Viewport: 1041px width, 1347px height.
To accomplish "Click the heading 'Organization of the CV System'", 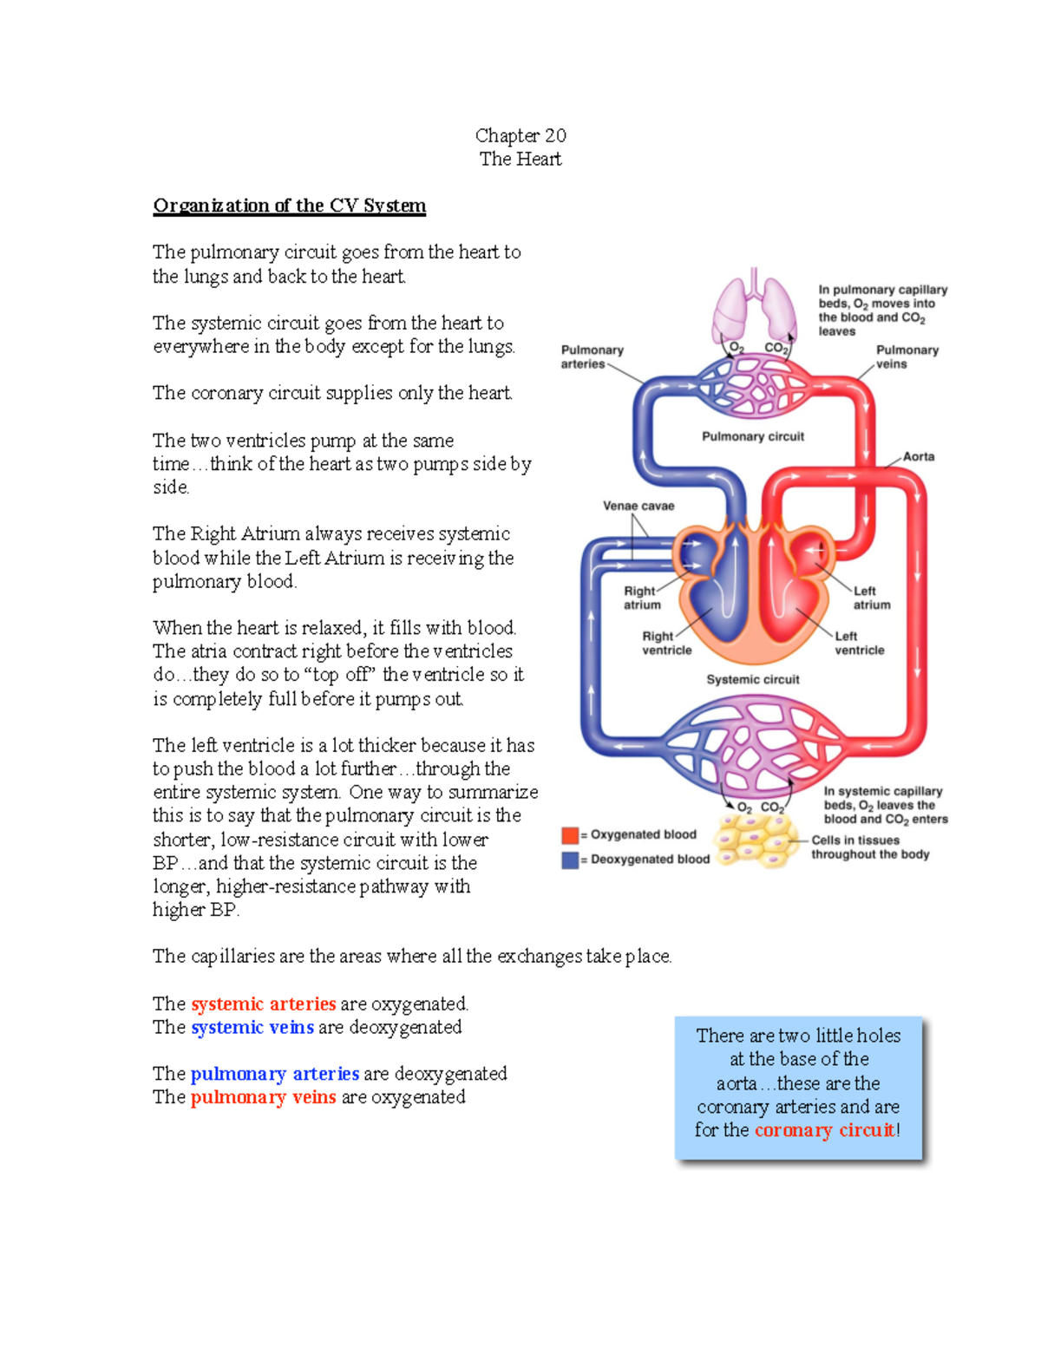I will (289, 206).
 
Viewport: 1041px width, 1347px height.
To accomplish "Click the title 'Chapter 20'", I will (520, 135).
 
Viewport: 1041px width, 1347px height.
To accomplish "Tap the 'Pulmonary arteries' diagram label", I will (592, 356).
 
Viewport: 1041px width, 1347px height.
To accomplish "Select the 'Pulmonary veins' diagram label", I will (907, 356).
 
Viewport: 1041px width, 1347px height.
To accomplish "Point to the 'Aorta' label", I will (919, 456).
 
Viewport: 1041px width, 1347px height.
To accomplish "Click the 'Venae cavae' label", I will (638, 506).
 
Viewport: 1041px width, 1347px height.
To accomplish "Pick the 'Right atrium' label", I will (641, 598).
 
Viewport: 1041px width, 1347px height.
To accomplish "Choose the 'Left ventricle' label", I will (859, 643).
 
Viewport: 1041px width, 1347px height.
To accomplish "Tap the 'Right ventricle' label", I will (666, 643).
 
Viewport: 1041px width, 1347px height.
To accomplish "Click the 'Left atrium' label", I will (871, 598).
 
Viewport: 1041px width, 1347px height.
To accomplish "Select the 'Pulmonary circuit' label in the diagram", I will (753, 436).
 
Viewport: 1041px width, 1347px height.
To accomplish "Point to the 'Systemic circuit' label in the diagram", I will (753, 679).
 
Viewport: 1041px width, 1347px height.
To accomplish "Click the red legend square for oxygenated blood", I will (570, 835).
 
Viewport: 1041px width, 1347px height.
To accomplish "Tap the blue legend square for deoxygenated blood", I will (570, 860).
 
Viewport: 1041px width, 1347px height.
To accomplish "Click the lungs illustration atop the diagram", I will (754, 308).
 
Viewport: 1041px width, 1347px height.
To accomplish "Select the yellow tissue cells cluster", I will (755, 840).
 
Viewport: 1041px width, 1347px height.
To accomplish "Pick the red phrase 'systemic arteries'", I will (264, 1004).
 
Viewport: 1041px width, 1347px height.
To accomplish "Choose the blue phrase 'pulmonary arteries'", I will (274, 1074).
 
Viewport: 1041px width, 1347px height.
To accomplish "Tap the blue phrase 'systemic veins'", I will (252, 1027).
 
